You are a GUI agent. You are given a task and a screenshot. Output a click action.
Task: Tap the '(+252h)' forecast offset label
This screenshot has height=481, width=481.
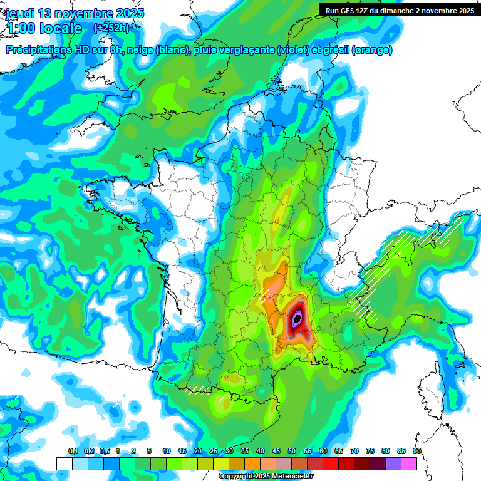coord(111,28)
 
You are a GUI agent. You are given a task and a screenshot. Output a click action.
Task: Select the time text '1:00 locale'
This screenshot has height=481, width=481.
coord(44,28)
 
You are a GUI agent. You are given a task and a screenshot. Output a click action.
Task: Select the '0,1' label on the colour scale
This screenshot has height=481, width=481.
coord(73,452)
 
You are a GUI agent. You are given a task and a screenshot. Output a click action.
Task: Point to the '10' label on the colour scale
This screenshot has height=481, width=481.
coord(167,452)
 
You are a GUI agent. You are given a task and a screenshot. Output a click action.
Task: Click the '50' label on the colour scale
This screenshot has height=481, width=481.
coord(292,452)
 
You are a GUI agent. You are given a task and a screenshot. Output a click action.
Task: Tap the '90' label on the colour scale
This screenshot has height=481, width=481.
coord(417,452)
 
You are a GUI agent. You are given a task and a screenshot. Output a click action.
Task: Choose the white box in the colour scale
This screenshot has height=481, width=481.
coord(64,463)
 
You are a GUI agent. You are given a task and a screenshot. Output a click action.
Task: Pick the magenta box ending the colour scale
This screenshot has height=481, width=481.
coord(409,463)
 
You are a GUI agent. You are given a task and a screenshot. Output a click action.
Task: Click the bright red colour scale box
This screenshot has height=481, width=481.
coord(331,463)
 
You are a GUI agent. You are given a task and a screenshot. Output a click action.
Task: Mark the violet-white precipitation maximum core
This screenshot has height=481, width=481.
coord(297,319)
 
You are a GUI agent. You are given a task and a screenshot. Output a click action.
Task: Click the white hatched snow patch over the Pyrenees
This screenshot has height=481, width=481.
coord(199,390)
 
